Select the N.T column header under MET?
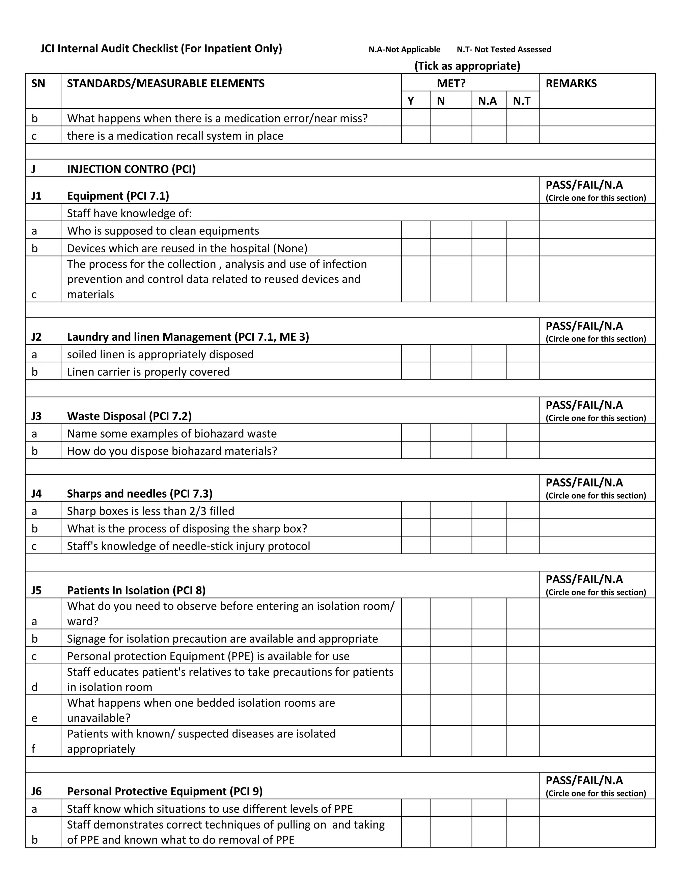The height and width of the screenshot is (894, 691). coord(522,101)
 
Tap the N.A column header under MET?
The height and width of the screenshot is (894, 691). coord(487,101)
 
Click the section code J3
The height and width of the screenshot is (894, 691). coord(36,416)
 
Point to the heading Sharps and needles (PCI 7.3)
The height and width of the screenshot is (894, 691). coord(140,494)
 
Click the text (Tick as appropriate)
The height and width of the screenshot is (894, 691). coord(467,66)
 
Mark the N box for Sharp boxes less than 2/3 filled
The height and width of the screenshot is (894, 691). coord(451,510)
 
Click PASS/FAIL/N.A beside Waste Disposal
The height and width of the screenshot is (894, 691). coord(584,405)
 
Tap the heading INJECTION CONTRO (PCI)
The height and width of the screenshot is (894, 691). coord(131,169)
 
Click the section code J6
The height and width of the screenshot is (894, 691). coord(36,791)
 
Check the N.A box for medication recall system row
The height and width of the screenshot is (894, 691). coord(489,135)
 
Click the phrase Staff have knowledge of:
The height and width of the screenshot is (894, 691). coord(129,213)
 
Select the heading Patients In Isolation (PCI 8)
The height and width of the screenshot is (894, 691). coord(136,590)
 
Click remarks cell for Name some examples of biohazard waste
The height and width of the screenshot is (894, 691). coord(597,433)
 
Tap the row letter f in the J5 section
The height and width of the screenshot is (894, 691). coord(33,749)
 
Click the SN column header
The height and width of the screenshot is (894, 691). coord(38,84)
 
